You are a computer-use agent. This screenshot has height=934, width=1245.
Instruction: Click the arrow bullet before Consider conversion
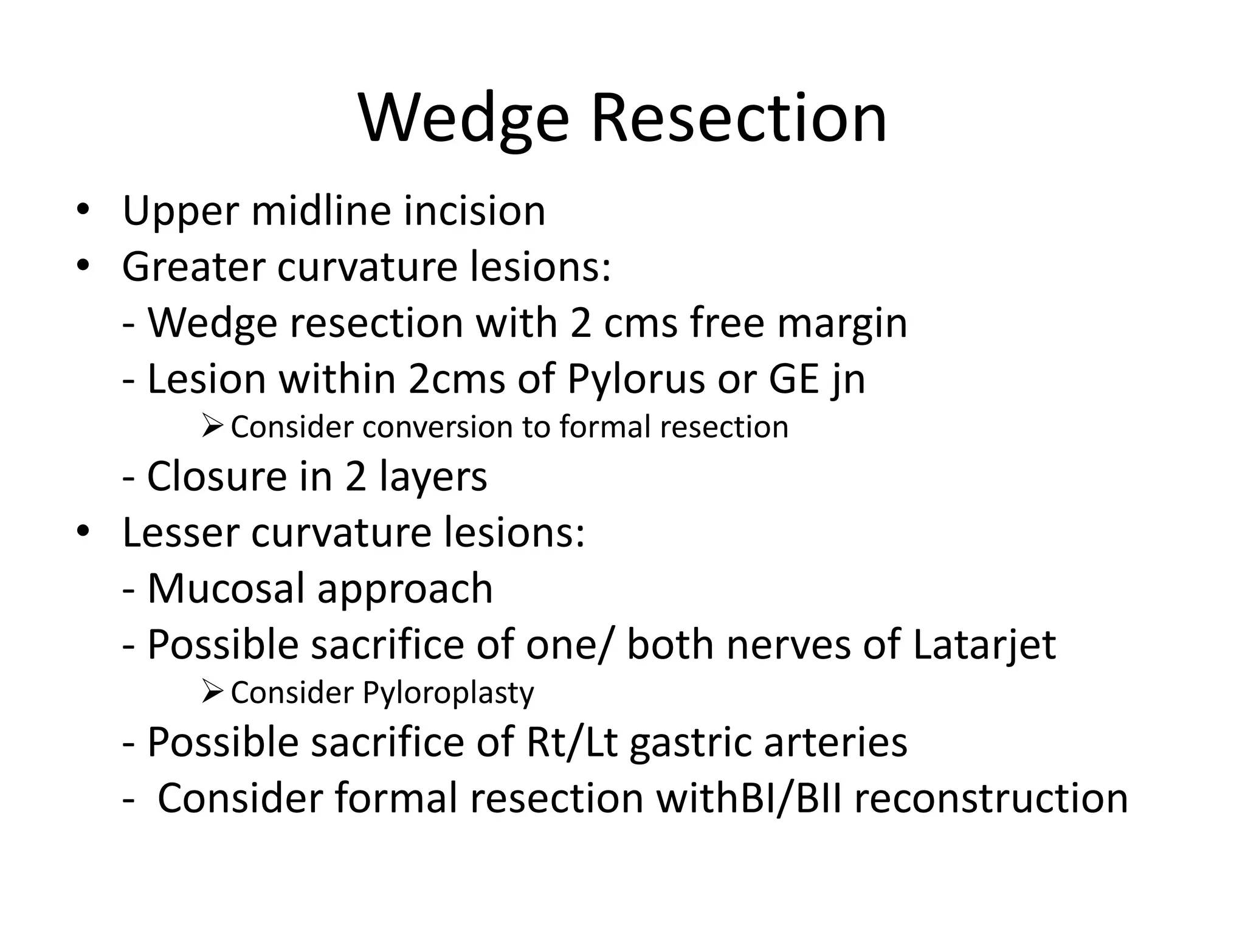pyautogui.click(x=213, y=426)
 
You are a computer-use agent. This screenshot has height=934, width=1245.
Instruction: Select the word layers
pyautogui.click(x=433, y=476)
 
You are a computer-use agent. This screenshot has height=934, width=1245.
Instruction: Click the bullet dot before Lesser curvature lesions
pyautogui.click(x=83, y=532)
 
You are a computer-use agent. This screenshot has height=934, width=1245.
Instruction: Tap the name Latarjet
pyautogui.click(x=984, y=645)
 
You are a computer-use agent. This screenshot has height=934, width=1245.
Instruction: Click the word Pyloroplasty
pyautogui.click(x=448, y=693)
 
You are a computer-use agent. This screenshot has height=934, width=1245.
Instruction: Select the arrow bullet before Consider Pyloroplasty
pyautogui.click(x=213, y=692)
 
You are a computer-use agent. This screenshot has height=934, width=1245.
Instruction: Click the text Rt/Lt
pyautogui.click(x=571, y=742)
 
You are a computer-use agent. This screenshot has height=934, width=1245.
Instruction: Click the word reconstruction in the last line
pyautogui.click(x=991, y=798)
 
